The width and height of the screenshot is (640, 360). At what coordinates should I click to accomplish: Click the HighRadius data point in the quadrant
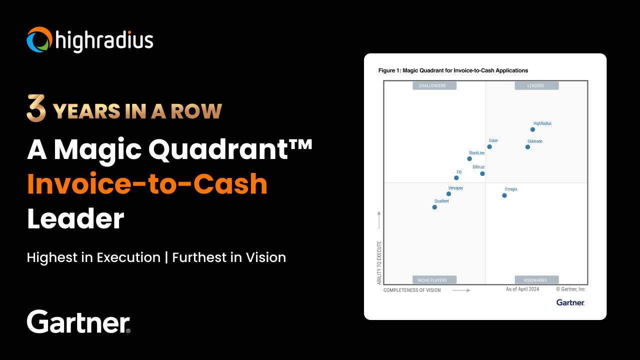click(x=532, y=129)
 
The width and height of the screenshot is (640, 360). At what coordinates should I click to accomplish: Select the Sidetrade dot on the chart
click(x=527, y=147)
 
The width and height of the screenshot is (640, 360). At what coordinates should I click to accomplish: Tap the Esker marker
click(x=489, y=146)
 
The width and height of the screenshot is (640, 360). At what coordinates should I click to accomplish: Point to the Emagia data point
click(x=504, y=195)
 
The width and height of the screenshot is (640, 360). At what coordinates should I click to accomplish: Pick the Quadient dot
click(x=434, y=207)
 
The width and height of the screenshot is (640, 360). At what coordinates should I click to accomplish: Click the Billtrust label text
click(x=478, y=167)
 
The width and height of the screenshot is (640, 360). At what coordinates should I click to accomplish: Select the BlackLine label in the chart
click(x=476, y=153)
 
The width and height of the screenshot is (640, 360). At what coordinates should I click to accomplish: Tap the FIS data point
click(x=456, y=177)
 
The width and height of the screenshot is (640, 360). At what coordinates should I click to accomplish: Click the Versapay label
click(x=455, y=188)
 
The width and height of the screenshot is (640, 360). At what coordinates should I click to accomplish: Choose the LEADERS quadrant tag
click(x=536, y=85)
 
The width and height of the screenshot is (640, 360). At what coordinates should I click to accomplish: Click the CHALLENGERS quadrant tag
click(x=434, y=85)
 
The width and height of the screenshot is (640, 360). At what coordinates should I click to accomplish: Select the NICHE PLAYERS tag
click(x=434, y=280)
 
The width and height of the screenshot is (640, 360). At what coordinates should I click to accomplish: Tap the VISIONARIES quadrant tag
click(x=536, y=280)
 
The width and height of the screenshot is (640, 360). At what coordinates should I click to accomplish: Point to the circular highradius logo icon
click(x=39, y=40)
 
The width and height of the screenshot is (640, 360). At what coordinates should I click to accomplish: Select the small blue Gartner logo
click(x=570, y=302)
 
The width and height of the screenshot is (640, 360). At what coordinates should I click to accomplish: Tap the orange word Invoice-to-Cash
click(x=147, y=184)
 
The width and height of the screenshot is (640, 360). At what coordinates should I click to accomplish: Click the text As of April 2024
click(x=522, y=289)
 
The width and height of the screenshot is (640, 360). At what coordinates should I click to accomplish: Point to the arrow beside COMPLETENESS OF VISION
click(x=461, y=290)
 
